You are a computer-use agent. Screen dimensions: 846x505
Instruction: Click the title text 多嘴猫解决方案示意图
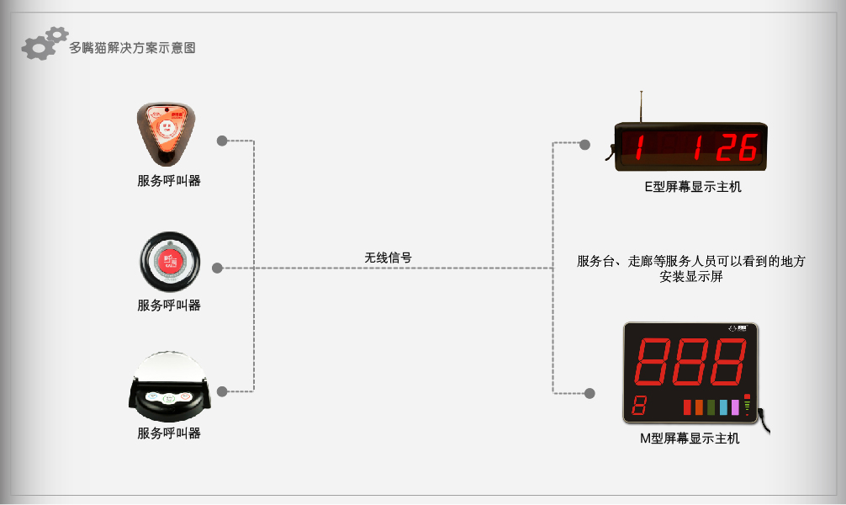[132, 47]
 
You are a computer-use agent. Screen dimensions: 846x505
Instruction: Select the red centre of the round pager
[170, 262]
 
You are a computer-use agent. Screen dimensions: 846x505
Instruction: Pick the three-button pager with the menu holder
[169, 385]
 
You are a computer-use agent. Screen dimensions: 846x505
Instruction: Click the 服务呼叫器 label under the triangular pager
[169, 180]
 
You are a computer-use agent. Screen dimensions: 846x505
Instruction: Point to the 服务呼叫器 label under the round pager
[169, 306]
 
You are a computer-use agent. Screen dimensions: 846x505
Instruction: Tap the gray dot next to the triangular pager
[222, 141]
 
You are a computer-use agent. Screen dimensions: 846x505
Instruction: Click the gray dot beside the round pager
[218, 268]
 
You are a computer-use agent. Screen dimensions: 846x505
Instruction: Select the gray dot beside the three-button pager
[222, 391]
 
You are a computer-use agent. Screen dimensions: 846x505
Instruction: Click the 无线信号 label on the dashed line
[388, 258]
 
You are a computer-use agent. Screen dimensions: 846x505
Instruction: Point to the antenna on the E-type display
[641, 107]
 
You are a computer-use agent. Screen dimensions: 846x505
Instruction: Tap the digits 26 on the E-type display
[738, 147]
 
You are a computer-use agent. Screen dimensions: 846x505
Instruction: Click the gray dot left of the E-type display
[584, 145]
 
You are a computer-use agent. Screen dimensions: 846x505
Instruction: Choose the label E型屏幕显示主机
[693, 187]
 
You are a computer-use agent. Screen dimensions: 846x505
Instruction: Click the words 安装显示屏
[691, 277]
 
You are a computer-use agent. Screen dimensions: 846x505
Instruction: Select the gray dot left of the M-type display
[590, 393]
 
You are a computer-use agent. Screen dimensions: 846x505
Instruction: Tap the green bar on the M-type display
[711, 407]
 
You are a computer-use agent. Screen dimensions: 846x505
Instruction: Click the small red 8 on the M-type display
[639, 405]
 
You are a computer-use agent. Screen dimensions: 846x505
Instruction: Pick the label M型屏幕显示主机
[690, 439]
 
